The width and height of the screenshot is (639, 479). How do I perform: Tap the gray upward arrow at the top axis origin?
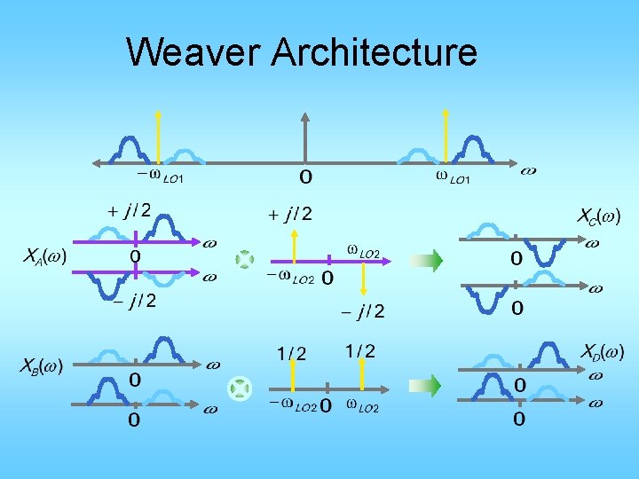(x=304, y=138)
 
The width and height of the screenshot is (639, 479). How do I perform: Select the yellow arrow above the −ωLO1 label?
(x=158, y=137)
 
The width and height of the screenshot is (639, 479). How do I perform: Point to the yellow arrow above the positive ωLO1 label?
(x=446, y=137)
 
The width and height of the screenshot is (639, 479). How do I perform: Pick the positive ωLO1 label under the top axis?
(x=453, y=177)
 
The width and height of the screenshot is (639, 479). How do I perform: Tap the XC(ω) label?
(x=599, y=216)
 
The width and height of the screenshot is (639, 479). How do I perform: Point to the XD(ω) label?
(x=603, y=352)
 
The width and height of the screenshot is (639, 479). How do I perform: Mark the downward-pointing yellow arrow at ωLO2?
(x=363, y=279)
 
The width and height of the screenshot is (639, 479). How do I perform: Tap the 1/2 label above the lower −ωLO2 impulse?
(x=291, y=354)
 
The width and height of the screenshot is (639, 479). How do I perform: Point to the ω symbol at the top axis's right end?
(x=528, y=169)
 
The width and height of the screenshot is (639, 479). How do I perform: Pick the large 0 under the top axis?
(x=304, y=177)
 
